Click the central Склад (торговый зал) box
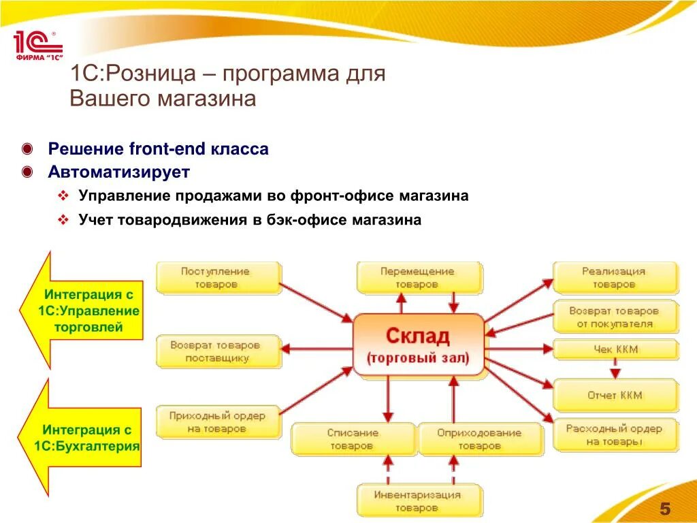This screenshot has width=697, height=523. (418, 345)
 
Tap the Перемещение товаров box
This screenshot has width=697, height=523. (418, 278)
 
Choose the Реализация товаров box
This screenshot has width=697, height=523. (615, 278)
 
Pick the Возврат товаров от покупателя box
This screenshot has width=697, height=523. (615, 317)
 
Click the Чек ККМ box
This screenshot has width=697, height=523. (615, 350)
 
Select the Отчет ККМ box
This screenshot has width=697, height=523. (615, 395)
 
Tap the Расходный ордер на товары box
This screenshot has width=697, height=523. (615, 435)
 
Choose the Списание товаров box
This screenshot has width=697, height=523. (353, 439)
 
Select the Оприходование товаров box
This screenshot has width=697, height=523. (479, 439)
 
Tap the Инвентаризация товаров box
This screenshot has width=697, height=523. (417, 501)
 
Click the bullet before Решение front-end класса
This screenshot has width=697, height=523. (27, 149)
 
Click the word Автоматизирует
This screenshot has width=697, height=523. (118, 172)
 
